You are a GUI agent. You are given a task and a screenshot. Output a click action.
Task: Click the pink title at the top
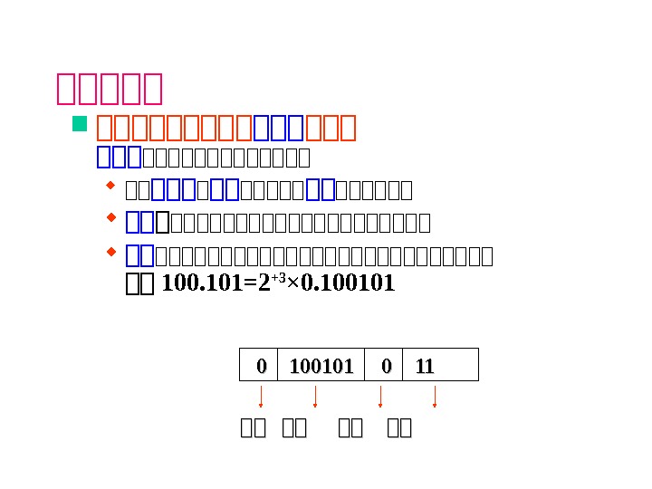(110, 89)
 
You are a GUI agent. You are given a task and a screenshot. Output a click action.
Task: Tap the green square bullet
(79, 124)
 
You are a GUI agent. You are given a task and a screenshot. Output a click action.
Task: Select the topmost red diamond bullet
(111, 187)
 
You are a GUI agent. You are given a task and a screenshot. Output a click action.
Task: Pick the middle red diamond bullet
(111, 217)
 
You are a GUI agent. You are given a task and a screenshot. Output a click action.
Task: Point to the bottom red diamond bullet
(111, 250)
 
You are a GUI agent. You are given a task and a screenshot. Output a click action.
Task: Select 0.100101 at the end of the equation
(348, 283)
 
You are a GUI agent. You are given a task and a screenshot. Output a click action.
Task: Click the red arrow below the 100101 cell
(315, 397)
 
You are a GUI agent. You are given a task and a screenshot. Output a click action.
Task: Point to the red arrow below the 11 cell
(435, 397)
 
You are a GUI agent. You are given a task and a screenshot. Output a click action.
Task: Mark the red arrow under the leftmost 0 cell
(261, 397)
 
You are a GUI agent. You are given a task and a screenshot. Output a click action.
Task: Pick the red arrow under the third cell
(380, 397)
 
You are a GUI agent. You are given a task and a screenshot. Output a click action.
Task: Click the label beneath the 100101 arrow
(294, 428)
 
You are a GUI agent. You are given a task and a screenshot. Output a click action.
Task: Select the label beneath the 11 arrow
(399, 428)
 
